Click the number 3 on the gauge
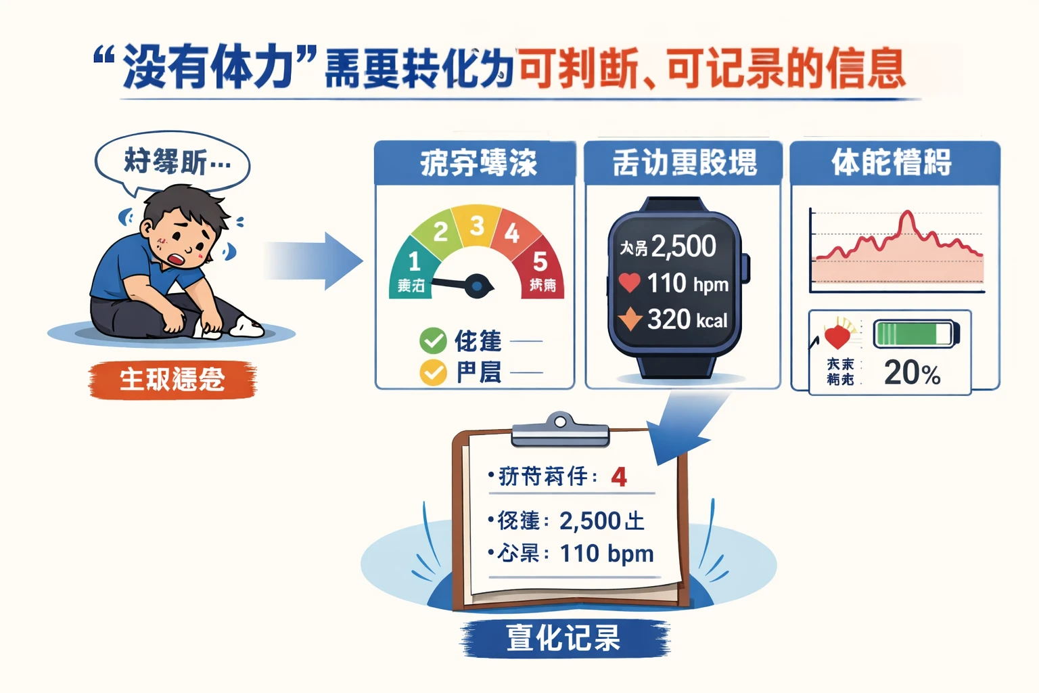point(477,225)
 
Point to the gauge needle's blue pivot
point(478,287)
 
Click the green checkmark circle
point(433,340)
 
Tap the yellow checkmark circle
point(433,372)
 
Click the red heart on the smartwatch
point(629,282)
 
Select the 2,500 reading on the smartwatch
point(683,246)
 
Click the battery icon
point(916,334)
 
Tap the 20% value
point(912,373)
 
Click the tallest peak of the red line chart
point(907,215)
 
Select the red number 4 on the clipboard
point(618,477)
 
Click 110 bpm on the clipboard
point(607,554)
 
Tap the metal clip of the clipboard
point(560,430)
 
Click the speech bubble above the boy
point(172,162)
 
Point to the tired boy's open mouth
point(178,259)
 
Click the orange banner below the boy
point(172,380)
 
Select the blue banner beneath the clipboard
point(564,638)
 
